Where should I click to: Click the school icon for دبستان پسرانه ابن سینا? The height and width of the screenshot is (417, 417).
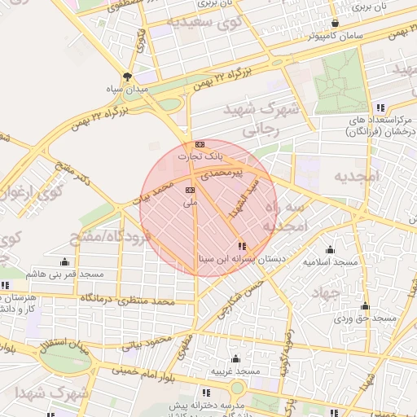pyautogui.click(x=241, y=245)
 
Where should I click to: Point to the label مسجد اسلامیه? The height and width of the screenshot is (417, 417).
pyautogui.click(x=331, y=262)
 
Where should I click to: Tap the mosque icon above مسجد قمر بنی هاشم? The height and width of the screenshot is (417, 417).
pyautogui.click(x=65, y=261)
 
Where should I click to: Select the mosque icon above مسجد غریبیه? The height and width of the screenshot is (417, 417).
pyautogui.click(x=235, y=358)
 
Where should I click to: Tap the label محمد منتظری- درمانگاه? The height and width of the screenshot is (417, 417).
pyautogui.click(x=126, y=301)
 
